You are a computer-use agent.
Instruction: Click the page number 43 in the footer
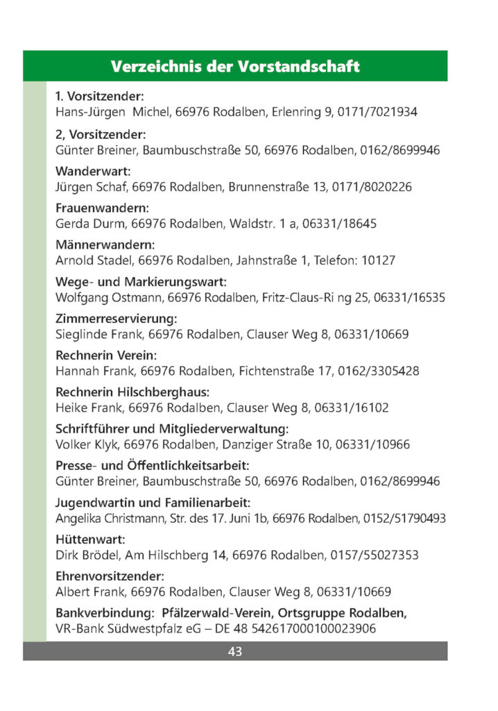tap(234, 651)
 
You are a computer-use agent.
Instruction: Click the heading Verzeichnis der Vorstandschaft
tap(234, 67)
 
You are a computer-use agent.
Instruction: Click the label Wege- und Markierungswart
tap(141, 282)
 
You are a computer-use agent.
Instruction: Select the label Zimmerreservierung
tap(116, 319)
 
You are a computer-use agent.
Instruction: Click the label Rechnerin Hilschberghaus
tap(132, 392)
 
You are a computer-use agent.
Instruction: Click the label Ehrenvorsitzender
tap(110, 576)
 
